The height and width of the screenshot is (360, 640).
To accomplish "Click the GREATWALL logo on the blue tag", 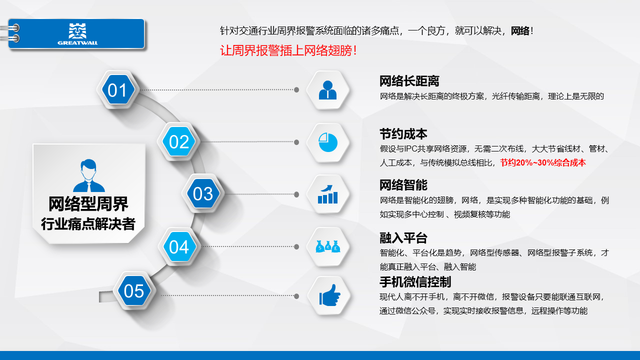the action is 77,34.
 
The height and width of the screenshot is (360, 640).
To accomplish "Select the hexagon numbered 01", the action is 117,89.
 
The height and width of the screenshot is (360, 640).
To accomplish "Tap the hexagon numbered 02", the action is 179,141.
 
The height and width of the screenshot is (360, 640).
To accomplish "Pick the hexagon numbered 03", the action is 203,193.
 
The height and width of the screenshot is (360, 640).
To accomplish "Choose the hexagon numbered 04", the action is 179,246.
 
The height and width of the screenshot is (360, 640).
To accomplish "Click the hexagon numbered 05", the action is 134,290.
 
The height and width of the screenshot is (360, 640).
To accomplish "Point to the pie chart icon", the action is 328,142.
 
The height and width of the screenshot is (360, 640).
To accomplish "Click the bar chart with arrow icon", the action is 327,194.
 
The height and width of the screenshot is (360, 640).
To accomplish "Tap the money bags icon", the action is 328,246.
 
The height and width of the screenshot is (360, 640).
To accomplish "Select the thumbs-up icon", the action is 329,295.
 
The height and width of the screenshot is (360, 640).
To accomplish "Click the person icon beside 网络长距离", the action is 327,90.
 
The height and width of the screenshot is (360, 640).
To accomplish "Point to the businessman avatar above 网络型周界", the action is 89,175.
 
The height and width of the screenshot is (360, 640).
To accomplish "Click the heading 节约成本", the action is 403,134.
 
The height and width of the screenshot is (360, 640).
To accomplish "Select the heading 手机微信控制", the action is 415,282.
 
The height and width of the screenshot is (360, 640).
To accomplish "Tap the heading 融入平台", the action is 403,238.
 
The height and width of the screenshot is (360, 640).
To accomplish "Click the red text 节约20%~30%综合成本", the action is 543,162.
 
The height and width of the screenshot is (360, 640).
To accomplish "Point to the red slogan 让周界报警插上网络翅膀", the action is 288,50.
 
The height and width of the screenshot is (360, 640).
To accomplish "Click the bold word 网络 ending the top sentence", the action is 520,30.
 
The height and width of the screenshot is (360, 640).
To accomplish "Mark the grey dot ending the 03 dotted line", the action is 296,194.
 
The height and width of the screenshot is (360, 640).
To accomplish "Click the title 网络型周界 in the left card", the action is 88,203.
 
